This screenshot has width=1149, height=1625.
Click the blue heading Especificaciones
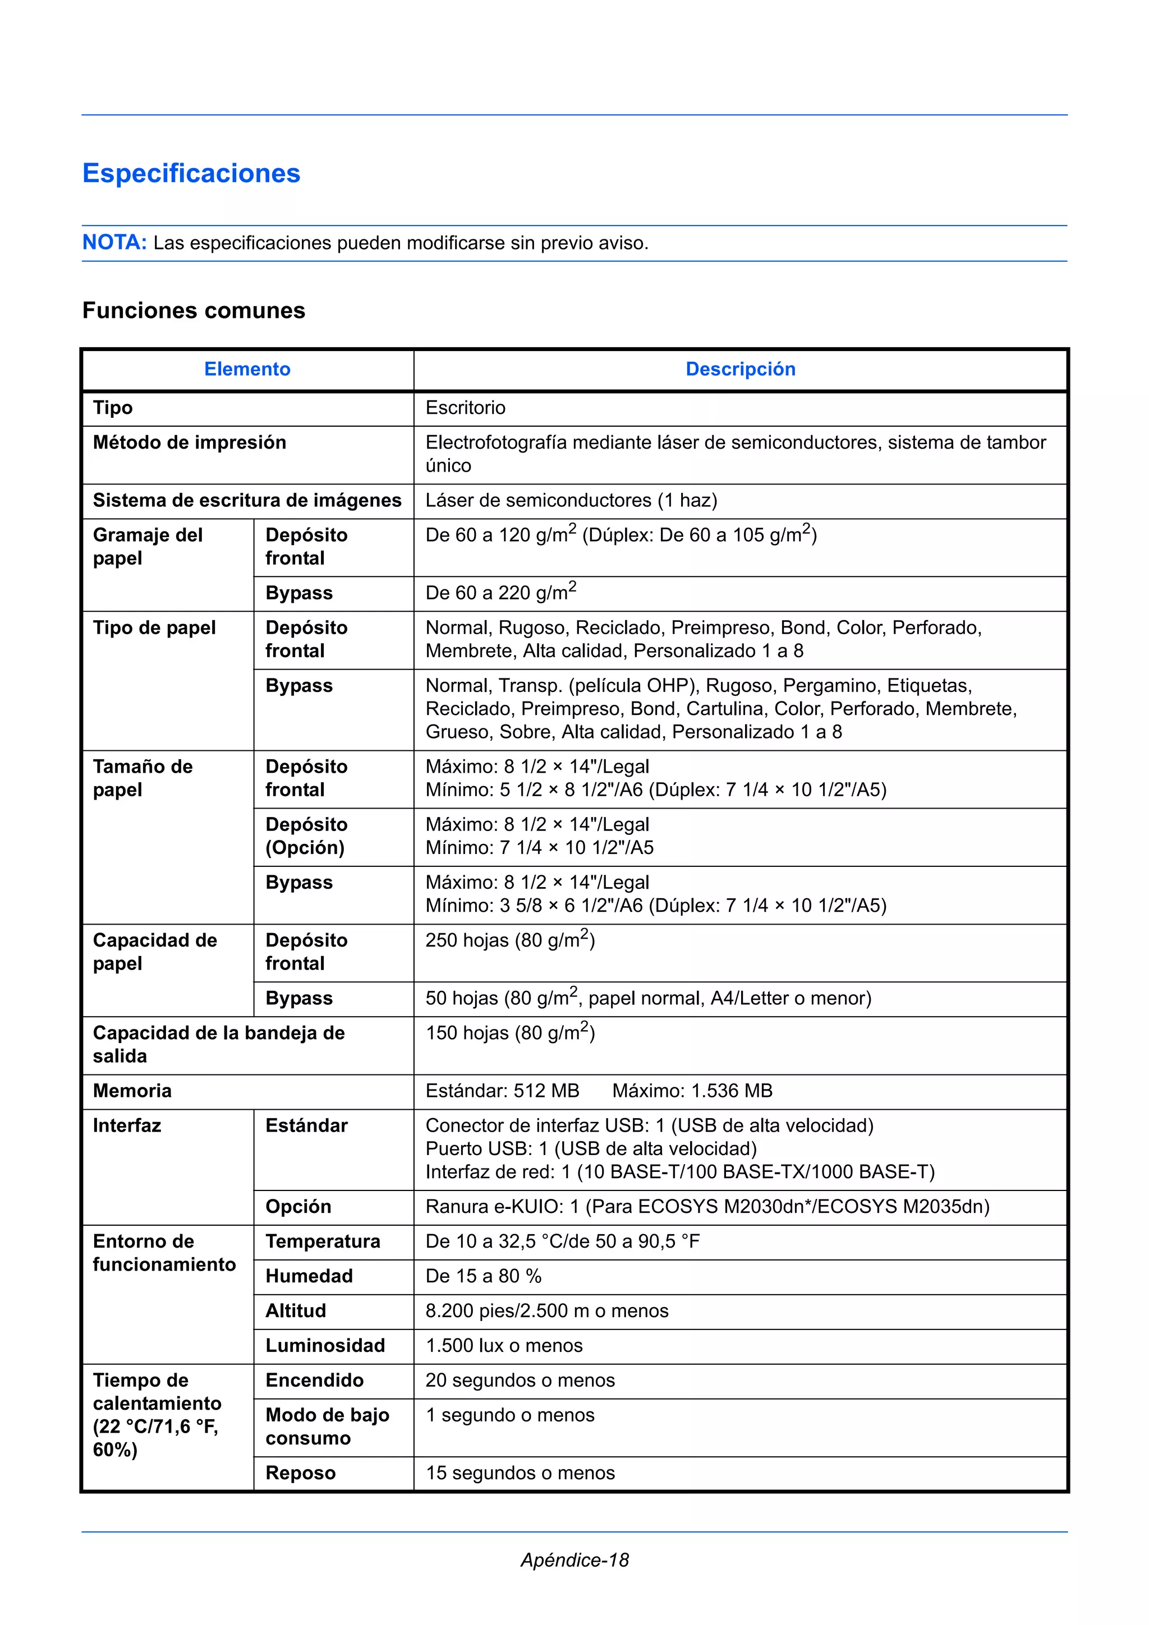tap(191, 173)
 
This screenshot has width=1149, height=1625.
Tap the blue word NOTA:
tap(114, 243)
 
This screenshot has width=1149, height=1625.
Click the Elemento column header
tap(247, 370)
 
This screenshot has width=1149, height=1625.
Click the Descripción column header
tap(740, 370)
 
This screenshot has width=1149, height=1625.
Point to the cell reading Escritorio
tap(465, 408)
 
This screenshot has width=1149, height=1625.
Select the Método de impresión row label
tap(189, 443)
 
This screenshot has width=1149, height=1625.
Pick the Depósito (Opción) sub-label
tap(306, 837)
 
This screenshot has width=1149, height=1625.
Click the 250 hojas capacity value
tap(510, 940)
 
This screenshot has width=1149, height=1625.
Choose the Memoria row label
tap(132, 1091)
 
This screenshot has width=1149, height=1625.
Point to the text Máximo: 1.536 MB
tap(692, 1091)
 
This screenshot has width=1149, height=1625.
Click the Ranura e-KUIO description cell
tap(706, 1207)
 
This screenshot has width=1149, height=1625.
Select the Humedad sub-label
tap(309, 1276)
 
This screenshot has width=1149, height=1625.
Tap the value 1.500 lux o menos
tap(504, 1345)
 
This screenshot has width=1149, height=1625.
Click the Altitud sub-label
tap(295, 1311)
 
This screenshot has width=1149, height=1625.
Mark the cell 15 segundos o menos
tap(520, 1473)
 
